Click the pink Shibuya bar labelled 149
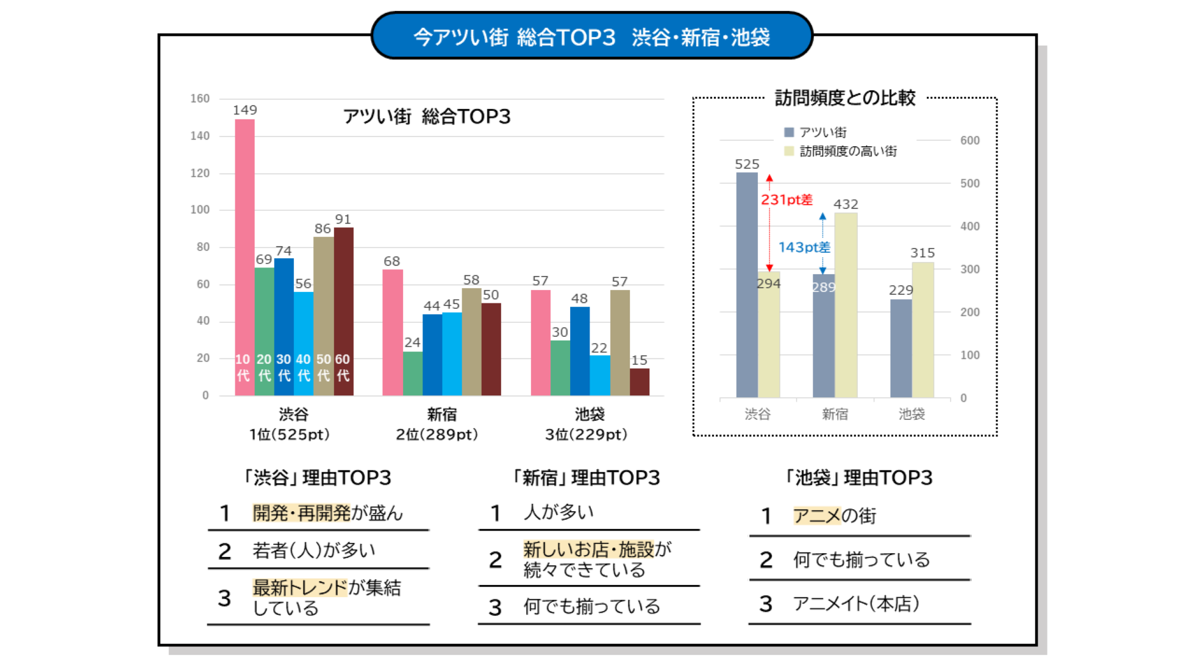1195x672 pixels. (x=244, y=256)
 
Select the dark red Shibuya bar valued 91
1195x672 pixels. (x=343, y=311)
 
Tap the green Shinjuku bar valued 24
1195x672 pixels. (x=412, y=373)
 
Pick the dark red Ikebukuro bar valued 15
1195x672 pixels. (x=639, y=382)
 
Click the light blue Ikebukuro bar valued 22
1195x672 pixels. (x=600, y=375)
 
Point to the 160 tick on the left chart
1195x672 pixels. (x=200, y=99)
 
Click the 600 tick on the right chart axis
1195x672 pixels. (x=969, y=141)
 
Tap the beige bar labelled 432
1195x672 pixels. (x=846, y=305)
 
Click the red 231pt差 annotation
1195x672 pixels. (x=787, y=200)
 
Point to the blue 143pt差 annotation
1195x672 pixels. (x=804, y=247)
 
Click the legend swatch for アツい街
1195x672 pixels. (x=789, y=132)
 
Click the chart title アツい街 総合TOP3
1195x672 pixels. (x=427, y=116)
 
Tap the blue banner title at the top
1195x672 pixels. (x=591, y=37)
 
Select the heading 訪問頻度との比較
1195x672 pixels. (x=845, y=97)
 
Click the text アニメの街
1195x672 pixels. (x=834, y=516)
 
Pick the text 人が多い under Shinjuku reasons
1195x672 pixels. (x=558, y=512)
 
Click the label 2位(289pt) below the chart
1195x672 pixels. (x=437, y=434)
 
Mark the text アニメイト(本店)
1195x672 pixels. (x=855, y=604)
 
